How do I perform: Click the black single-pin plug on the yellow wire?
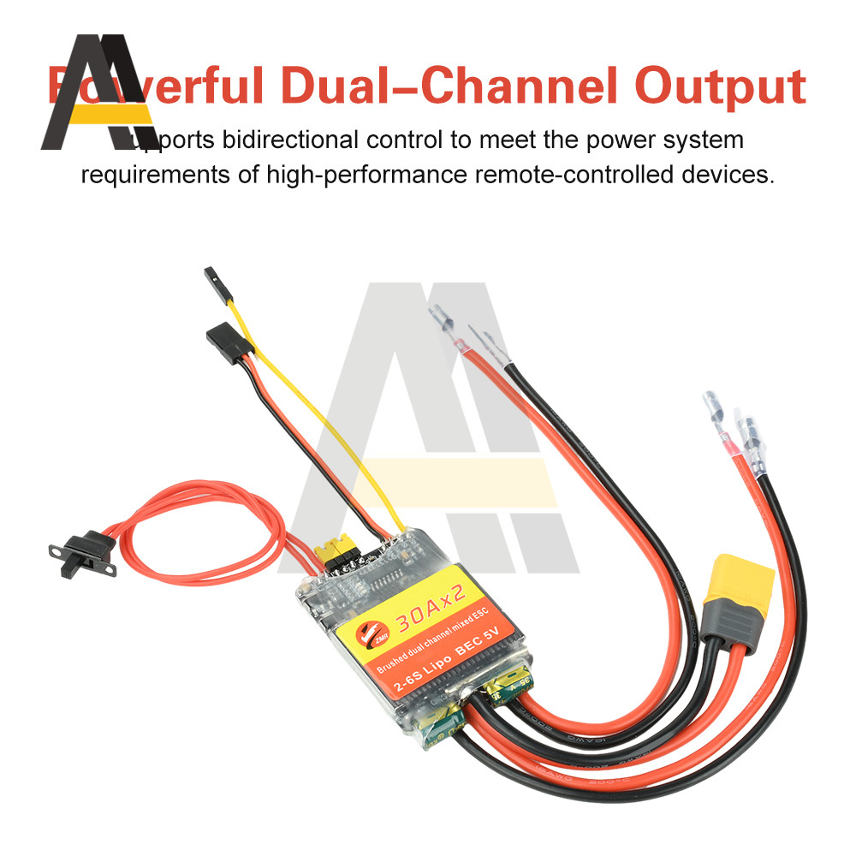point(214,282)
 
